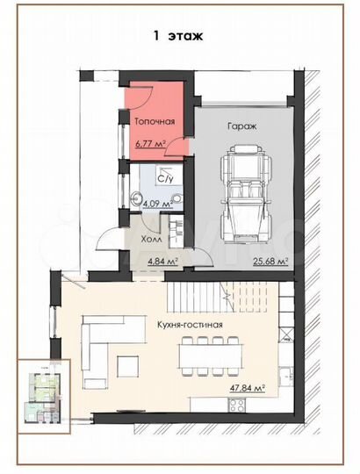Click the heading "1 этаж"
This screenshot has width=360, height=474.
178,36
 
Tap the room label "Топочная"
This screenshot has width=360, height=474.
155,121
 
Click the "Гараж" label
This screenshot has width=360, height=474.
241,126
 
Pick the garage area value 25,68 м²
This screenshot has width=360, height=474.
270,261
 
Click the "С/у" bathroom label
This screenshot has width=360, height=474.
165,179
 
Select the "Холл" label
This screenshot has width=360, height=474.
151,239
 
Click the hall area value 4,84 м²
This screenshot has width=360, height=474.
162,261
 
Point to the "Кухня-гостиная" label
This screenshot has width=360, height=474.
190,325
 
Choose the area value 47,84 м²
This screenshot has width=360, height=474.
248,388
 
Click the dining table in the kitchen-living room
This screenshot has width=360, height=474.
211,355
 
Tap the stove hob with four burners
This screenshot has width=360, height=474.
237,405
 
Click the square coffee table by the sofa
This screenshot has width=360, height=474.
128,366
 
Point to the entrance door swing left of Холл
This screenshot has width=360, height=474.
107,238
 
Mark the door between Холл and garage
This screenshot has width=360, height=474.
202,256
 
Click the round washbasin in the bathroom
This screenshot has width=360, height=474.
135,198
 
